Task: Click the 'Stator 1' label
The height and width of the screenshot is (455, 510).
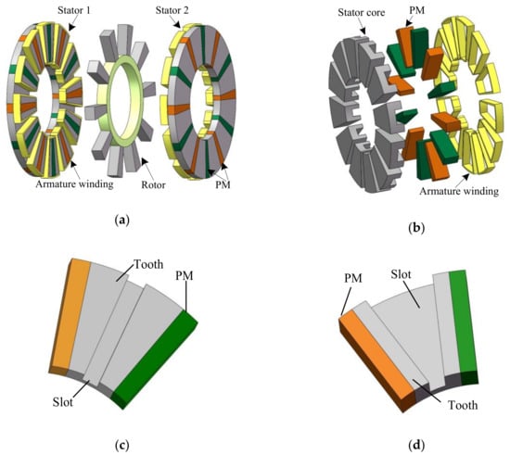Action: [x=74, y=10]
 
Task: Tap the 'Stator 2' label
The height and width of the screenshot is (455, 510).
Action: [x=172, y=10]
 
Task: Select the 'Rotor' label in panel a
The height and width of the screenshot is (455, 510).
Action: [x=153, y=185]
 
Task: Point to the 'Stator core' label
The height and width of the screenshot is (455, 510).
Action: [x=361, y=13]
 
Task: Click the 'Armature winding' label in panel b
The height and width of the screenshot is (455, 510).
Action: [x=459, y=191]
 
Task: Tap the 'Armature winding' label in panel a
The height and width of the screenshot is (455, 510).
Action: [x=74, y=184]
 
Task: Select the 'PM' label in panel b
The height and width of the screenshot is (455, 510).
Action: [x=416, y=10]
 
